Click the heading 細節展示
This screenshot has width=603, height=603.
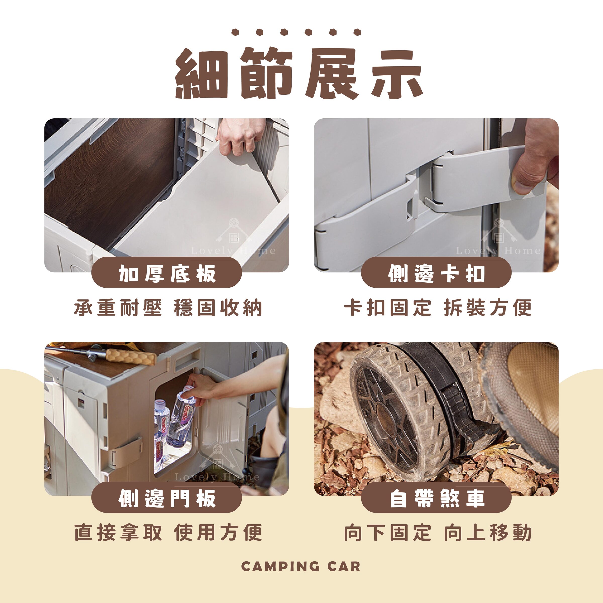tap(299, 74)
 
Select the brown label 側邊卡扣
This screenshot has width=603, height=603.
tap(436, 273)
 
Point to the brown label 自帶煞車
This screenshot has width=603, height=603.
tap(436, 498)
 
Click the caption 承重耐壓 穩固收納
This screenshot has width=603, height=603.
tap(168, 308)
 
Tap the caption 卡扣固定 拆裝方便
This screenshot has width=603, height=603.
tap(438, 308)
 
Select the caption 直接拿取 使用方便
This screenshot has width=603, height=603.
tap(168, 533)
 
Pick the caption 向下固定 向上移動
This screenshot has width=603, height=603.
tap(438, 533)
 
